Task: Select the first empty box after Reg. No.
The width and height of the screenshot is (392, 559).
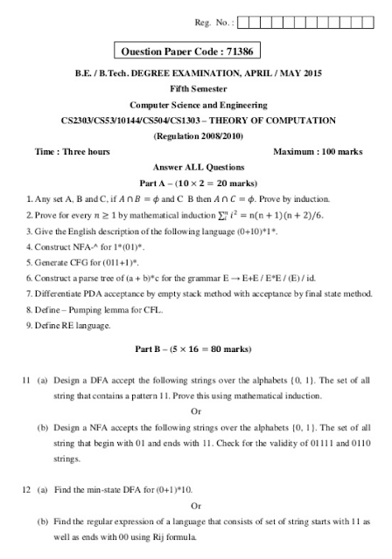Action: coord(242,22)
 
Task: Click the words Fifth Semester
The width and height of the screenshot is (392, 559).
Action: coord(196,88)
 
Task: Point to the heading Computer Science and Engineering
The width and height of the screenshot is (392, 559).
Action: coord(196,104)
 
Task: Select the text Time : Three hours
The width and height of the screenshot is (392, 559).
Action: coord(72,151)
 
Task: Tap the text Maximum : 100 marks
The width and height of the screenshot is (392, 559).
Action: coord(318,151)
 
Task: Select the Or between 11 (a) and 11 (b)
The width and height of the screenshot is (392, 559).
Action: coord(196,411)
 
